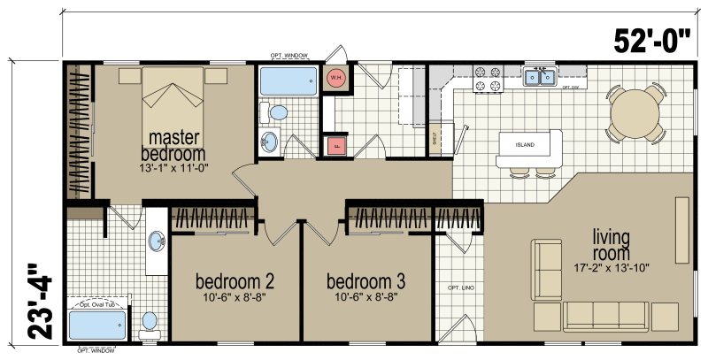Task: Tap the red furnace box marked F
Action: (x=335, y=145)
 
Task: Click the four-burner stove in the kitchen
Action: (x=488, y=80)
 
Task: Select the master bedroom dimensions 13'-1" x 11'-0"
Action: (x=173, y=167)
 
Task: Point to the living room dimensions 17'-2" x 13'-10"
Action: (x=612, y=266)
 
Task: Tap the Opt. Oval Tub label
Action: (x=99, y=305)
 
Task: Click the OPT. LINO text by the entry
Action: (x=457, y=289)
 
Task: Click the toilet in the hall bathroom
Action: (x=278, y=112)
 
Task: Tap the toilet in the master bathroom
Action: (x=150, y=321)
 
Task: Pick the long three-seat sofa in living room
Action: (x=604, y=314)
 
